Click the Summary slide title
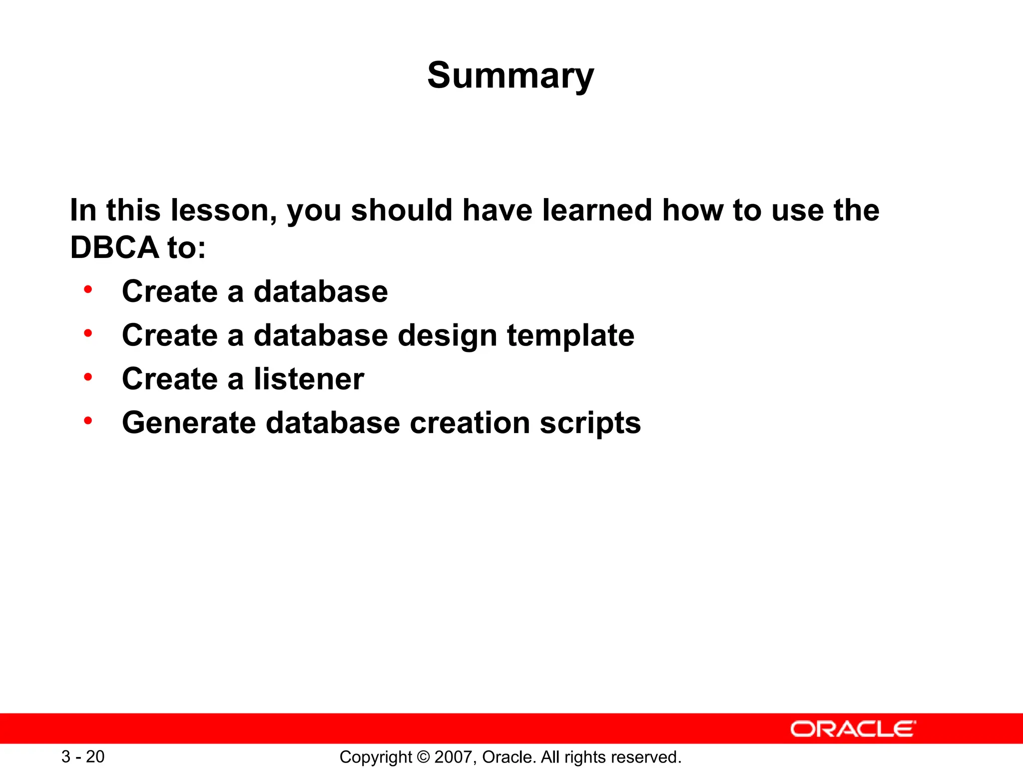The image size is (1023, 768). (x=511, y=75)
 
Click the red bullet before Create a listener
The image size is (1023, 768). (x=88, y=377)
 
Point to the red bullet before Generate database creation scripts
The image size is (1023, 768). (x=88, y=421)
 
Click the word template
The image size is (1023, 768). (x=570, y=335)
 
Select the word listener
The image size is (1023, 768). (x=309, y=379)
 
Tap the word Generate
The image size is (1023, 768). (x=189, y=423)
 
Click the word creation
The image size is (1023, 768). (x=470, y=423)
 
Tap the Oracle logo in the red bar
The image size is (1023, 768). (x=853, y=729)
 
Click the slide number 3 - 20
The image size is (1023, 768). (x=83, y=756)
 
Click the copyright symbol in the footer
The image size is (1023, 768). (x=423, y=757)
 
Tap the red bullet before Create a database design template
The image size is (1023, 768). (x=88, y=333)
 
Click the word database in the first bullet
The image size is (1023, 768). (x=321, y=291)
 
